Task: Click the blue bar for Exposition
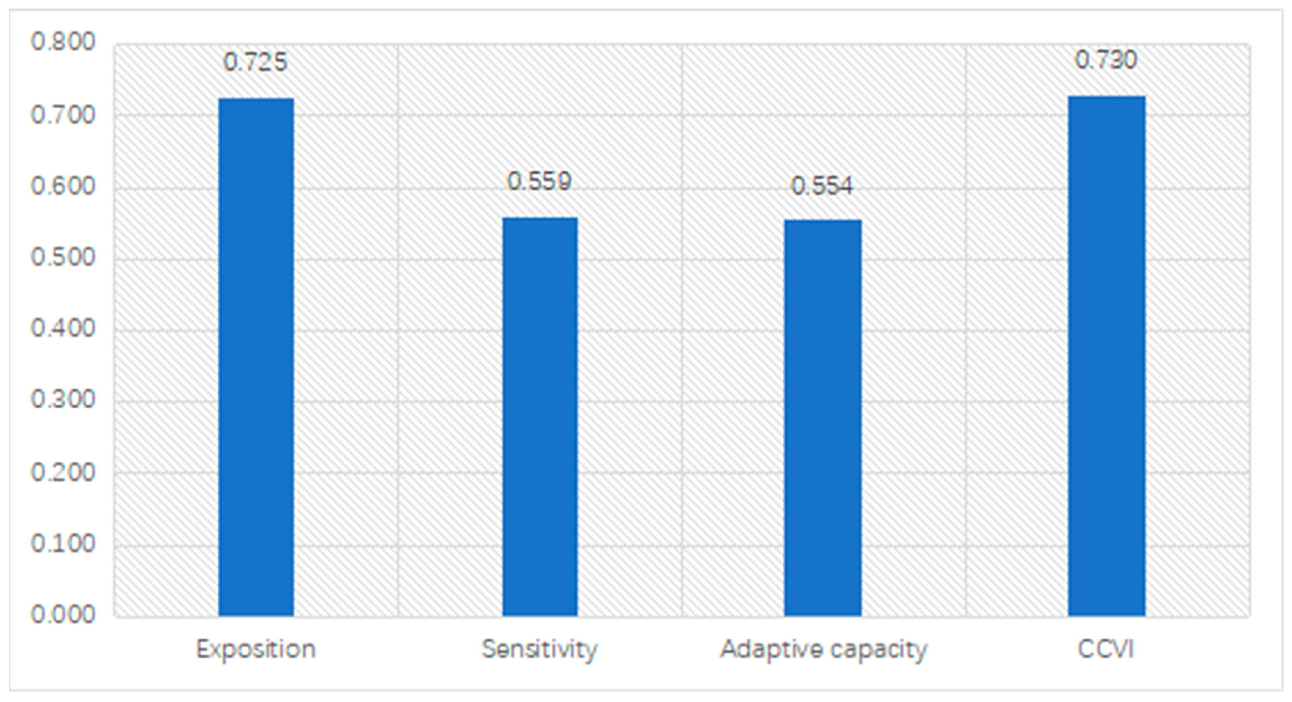(256, 357)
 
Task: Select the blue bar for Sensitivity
(540, 416)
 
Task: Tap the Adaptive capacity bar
(822, 418)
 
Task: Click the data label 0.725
(255, 62)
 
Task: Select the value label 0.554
(822, 186)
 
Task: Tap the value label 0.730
(1106, 60)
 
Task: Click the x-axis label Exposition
(256, 649)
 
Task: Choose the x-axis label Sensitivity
(540, 649)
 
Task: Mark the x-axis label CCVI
(1106, 649)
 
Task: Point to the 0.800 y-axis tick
(63, 42)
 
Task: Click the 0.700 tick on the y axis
(63, 115)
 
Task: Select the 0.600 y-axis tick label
(63, 186)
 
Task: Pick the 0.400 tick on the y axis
(63, 329)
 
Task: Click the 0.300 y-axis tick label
(63, 400)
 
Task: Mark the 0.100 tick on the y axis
(63, 543)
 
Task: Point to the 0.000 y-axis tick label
(63, 615)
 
